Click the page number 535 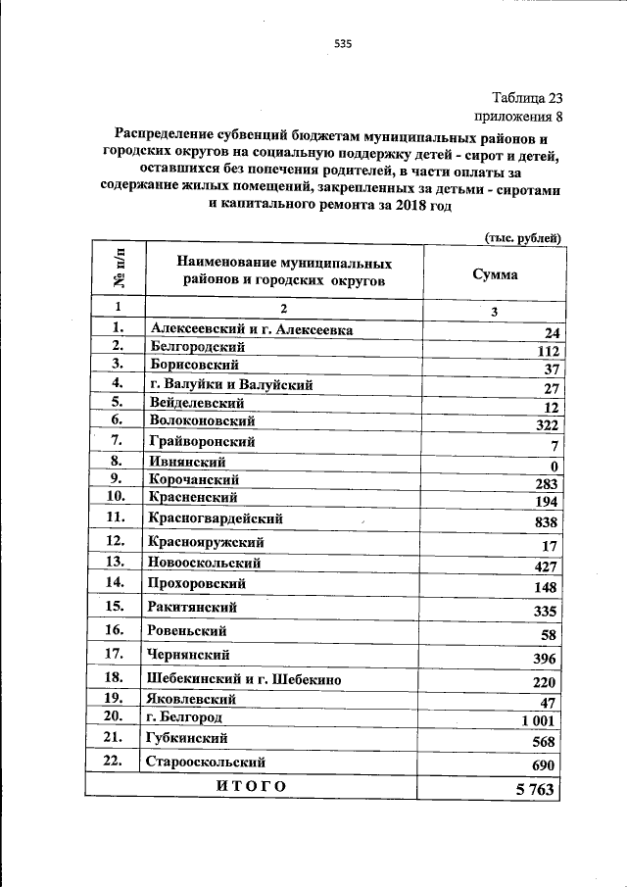coord(342,43)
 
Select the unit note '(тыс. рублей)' coord(524,237)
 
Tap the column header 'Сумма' coord(495,274)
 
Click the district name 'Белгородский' coord(198,347)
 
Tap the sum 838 coord(546,523)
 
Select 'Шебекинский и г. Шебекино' coord(244,678)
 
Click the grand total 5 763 coord(535,788)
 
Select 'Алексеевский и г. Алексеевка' coord(250,329)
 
